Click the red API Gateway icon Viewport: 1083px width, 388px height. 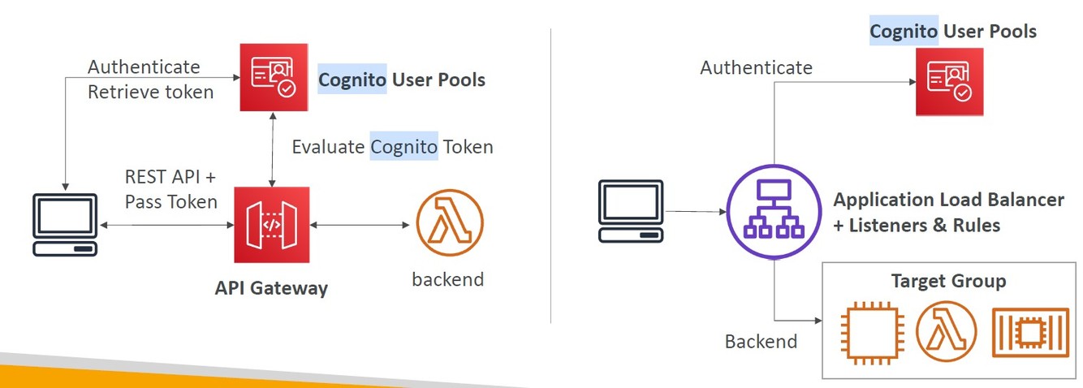pos(271,225)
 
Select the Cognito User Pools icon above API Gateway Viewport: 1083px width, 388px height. pos(272,77)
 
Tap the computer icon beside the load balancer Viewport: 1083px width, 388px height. pos(631,211)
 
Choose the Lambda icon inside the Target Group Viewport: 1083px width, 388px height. pos(946,331)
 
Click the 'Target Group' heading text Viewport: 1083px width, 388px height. pos(948,281)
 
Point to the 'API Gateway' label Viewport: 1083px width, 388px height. pos(271,287)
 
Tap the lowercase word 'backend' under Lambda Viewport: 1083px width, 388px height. pos(447,279)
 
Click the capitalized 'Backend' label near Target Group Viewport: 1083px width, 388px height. pos(761,341)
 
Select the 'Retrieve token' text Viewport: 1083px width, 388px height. pos(150,92)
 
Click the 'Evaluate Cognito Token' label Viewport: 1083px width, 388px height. pos(392,147)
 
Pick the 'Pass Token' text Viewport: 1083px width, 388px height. pos(171,201)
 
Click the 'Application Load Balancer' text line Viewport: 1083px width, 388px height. pos(948,200)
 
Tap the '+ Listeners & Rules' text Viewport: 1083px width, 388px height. pos(917,225)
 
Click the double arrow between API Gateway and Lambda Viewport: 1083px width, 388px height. pos(357,225)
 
